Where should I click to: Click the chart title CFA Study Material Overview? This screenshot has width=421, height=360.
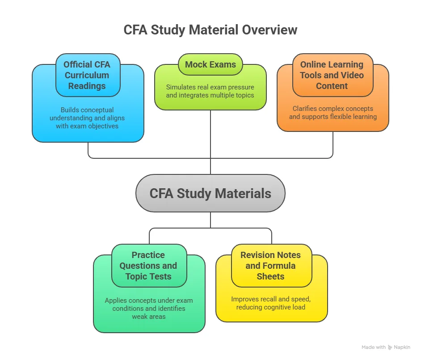pyautogui.click(x=210, y=30)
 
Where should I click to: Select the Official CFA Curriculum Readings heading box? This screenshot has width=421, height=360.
pyautogui.click(x=87, y=75)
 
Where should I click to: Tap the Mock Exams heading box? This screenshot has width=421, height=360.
pyautogui.click(x=210, y=64)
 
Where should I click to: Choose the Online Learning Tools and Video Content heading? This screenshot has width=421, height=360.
pyautogui.click(x=332, y=75)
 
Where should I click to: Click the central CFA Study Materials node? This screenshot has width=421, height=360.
pyautogui.click(x=210, y=193)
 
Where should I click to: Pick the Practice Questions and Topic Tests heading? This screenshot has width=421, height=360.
pyautogui.click(x=148, y=266)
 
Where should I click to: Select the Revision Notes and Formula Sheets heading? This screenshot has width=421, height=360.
pyautogui.click(x=270, y=266)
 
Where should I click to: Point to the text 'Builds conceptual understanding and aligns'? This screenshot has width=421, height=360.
pyautogui.click(x=88, y=118)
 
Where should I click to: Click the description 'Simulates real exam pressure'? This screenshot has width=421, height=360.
pyautogui.click(x=210, y=87)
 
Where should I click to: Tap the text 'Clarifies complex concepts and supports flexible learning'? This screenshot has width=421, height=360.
pyautogui.click(x=333, y=113)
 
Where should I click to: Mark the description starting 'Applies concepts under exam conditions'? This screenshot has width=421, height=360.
pyautogui.click(x=149, y=305)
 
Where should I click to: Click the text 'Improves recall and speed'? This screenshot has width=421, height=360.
pyautogui.click(x=271, y=299)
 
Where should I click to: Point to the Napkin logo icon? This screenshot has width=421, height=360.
pyautogui.click(x=390, y=347)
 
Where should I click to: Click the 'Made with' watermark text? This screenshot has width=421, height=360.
pyautogui.click(x=374, y=347)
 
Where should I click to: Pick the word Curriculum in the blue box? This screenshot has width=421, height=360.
pyautogui.click(x=87, y=75)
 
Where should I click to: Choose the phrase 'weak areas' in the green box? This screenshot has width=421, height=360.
pyautogui.click(x=149, y=317)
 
